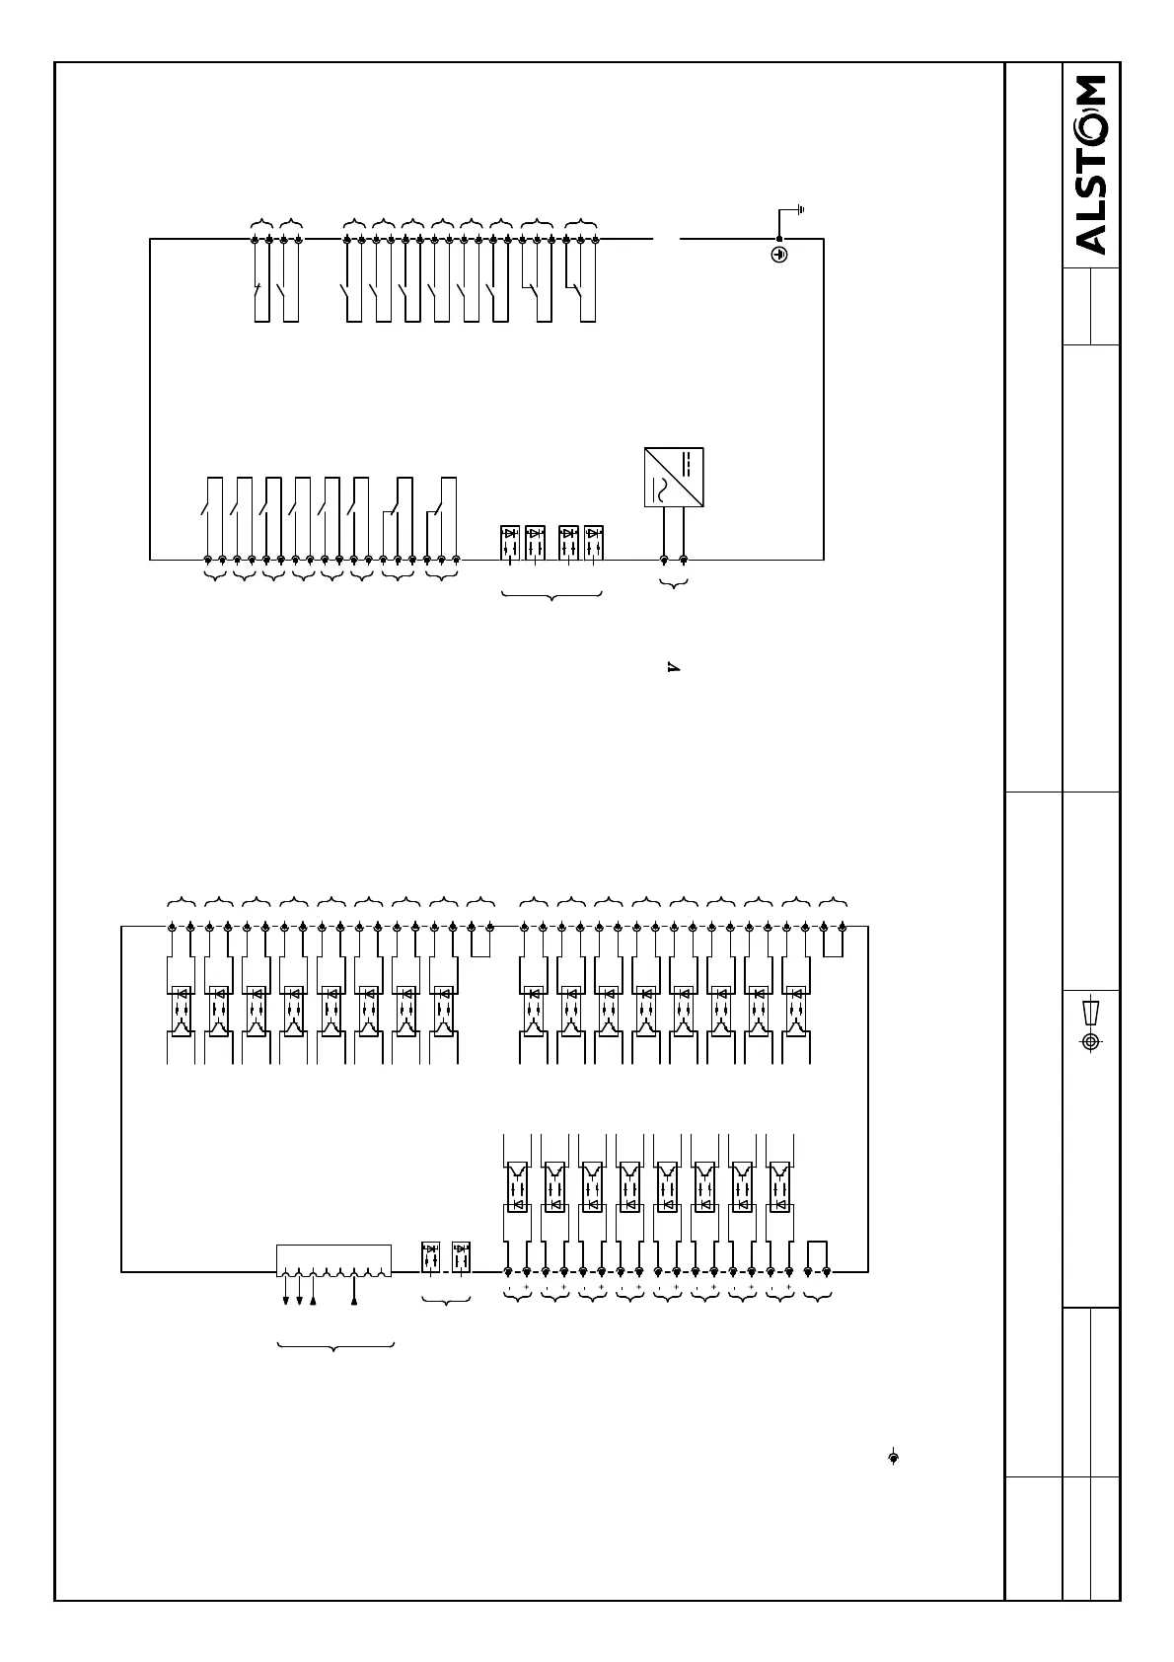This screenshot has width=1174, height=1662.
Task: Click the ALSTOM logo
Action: (1090, 165)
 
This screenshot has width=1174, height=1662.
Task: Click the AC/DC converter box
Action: (674, 478)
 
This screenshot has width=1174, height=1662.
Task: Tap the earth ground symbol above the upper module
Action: (800, 209)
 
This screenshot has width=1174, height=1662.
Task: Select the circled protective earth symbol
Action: (778, 256)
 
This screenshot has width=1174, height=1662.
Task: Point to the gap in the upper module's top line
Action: (667, 238)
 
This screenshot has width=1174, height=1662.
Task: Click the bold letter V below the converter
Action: (674, 668)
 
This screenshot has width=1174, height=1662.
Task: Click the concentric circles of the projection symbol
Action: (1090, 1041)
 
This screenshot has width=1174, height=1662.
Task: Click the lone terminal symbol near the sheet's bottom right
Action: (894, 1458)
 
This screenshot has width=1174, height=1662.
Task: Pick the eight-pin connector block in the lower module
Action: (333, 1260)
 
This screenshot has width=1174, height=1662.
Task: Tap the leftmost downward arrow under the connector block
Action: (286, 1300)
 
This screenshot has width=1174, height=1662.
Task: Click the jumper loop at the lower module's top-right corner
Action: (834, 943)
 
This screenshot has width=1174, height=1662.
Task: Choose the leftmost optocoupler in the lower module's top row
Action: (182, 1012)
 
